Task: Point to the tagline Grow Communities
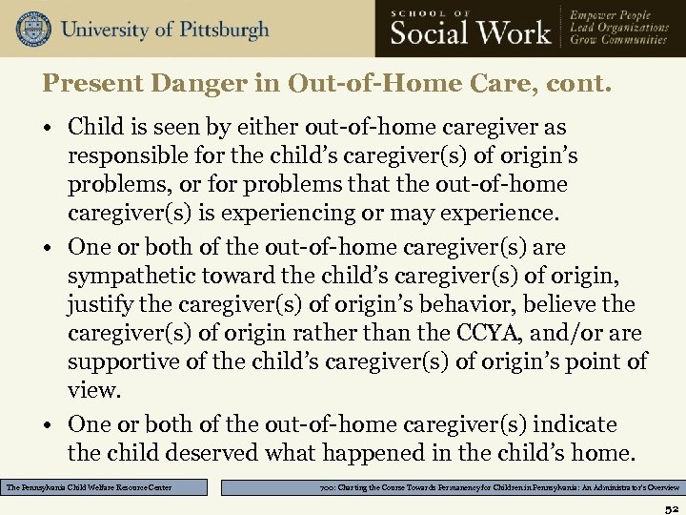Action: click(618, 41)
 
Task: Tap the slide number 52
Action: click(671, 505)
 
